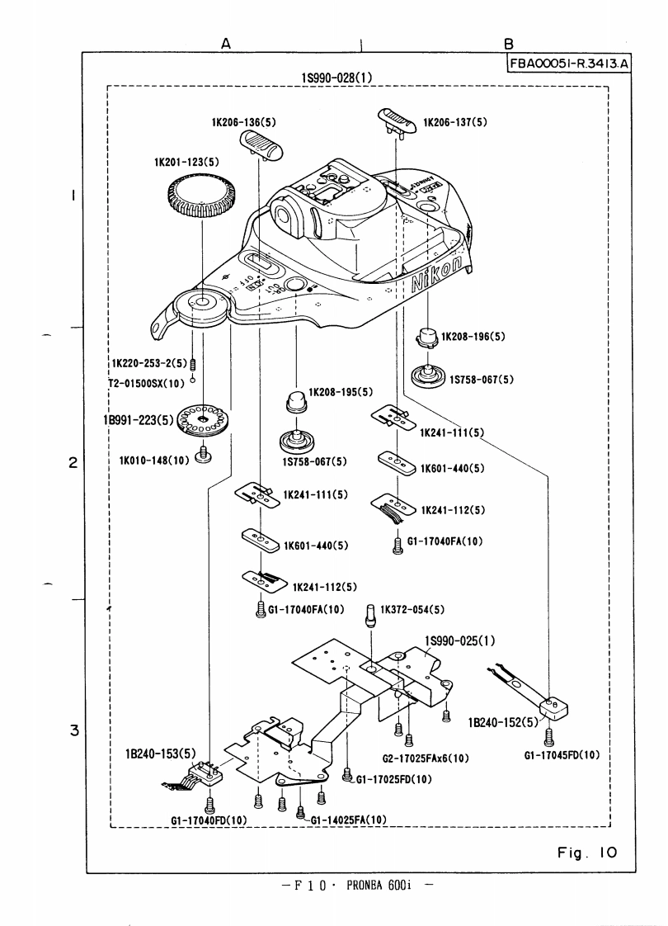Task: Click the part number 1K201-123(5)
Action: click(x=186, y=163)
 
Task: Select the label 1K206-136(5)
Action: click(x=243, y=123)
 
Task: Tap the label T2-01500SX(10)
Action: click(x=148, y=383)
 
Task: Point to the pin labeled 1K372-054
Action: click(x=370, y=615)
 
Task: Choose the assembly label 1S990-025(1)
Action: click(x=459, y=640)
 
